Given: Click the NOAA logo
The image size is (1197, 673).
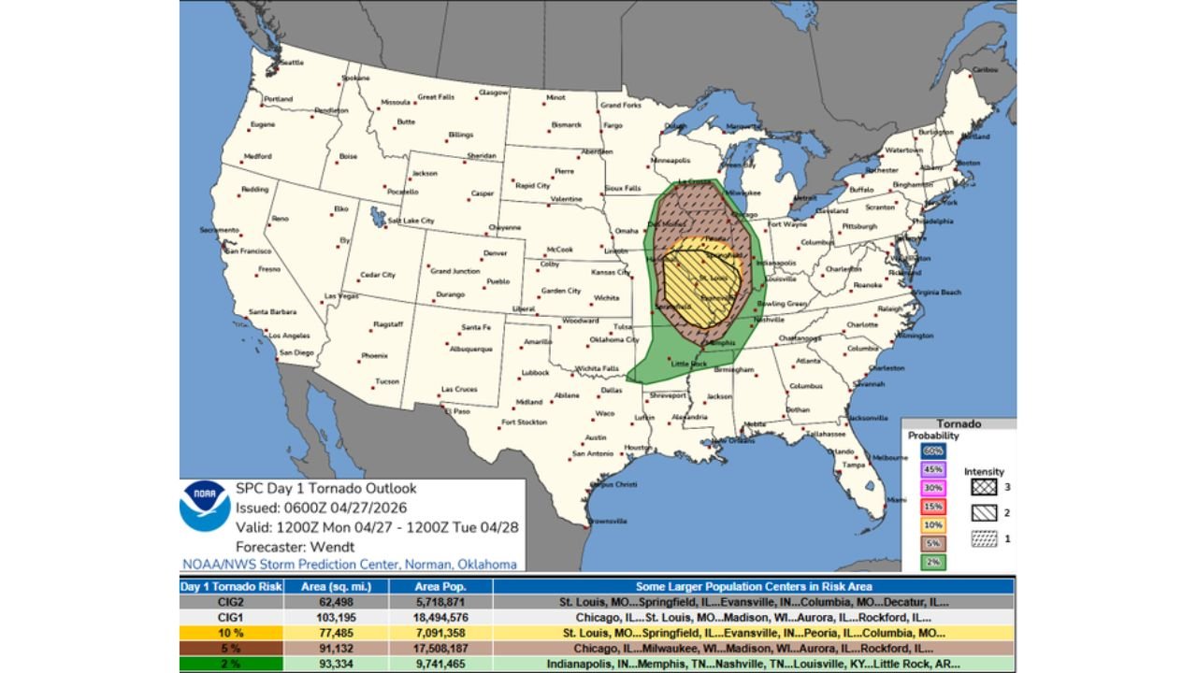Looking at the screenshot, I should [x=205, y=506].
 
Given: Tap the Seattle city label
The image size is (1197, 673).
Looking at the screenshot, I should [x=292, y=63].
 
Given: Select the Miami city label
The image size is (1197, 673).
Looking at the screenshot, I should [x=898, y=499].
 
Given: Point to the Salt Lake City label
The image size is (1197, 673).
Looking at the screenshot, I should [x=411, y=221].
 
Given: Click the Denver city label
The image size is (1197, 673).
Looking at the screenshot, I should [x=495, y=253].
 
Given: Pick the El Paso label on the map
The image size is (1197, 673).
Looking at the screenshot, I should [x=456, y=411].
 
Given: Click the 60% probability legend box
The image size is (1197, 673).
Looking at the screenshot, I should [x=933, y=451].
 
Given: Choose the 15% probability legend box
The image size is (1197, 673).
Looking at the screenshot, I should [x=933, y=506].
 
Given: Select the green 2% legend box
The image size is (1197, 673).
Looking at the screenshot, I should [x=933, y=562].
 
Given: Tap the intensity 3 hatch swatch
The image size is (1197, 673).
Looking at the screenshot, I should [x=984, y=487].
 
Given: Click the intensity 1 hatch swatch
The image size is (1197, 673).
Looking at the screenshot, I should [x=984, y=539].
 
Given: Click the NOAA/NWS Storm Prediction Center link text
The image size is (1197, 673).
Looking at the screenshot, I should [x=349, y=564].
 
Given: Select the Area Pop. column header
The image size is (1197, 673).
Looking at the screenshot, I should [x=440, y=587].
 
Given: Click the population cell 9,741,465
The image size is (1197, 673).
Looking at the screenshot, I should [x=440, y=665].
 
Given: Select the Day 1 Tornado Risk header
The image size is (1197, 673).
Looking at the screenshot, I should [x=231, y=587].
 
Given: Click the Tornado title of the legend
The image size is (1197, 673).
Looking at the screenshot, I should [x=959, y=423].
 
